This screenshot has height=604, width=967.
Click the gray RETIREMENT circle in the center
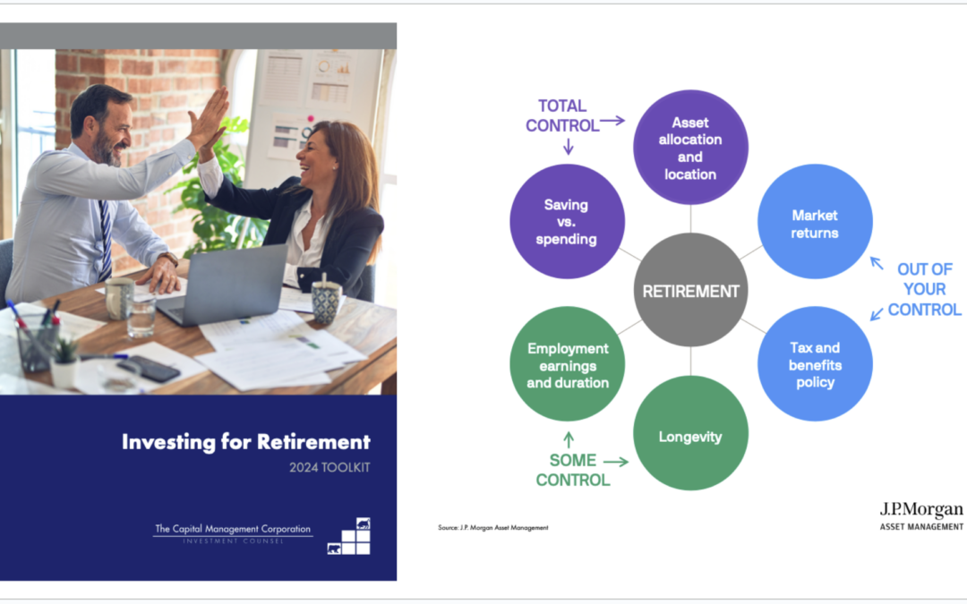click(690, 290)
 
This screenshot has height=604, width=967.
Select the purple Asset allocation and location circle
click(690, 147)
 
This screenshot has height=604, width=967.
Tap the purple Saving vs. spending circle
click(567, 222)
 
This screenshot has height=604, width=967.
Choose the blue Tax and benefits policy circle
click(815, 364)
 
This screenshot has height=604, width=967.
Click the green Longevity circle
click(690, 437)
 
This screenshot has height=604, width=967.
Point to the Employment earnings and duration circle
click(567, 364)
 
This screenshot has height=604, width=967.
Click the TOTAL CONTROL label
click(561, 115)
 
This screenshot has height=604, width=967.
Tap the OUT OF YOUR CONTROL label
click(924, 290)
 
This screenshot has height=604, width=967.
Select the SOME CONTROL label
click(572, 470)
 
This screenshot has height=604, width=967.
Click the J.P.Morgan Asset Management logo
click(921, 515)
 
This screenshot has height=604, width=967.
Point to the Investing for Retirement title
click(245, 441)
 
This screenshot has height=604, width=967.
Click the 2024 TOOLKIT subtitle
click(330, 466)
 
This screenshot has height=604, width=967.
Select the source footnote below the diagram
click(492, 528)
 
